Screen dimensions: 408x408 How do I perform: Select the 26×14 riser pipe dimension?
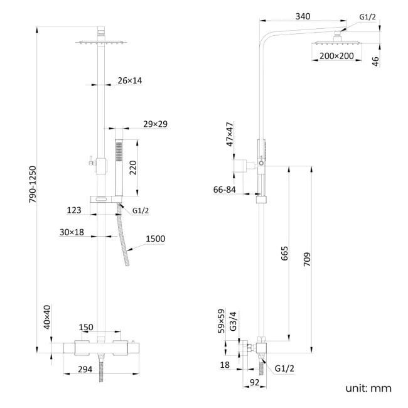click(129, 80)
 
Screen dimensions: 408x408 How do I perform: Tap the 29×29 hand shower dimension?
click(155, 124)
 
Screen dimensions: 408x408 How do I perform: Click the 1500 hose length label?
click(156, 239)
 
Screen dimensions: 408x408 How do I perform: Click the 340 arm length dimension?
click(303, 18)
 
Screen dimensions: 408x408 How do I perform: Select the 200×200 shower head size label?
click(336, 56)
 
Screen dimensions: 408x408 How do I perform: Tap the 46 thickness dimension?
click(375, 61)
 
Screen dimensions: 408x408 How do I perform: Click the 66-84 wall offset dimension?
click(225, 190)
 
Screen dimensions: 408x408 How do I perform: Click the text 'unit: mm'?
click(368, 388)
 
